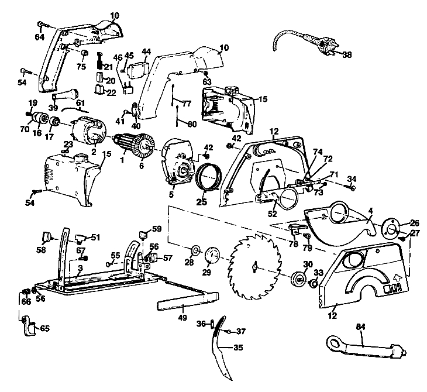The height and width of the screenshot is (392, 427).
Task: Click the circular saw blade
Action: (x=255, y=266)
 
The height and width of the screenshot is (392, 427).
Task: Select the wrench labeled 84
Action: (x=366, y=348)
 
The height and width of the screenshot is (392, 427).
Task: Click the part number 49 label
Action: (x=182, y=317)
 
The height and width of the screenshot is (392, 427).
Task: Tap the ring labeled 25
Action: (x=209, y=178)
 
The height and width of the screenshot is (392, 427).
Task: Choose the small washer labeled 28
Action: (x=196, y=250)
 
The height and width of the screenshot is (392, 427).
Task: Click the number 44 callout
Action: (x=146, y=51)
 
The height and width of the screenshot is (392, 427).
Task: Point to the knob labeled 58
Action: (x=47, y=237)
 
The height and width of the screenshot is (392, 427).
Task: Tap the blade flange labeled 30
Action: (x=298, y=279)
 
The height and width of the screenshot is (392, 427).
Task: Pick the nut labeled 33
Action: (x=313, y=284)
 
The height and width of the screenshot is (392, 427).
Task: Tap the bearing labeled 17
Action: (x=56, y=122)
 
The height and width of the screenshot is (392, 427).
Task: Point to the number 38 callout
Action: (x=346, y=54)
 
